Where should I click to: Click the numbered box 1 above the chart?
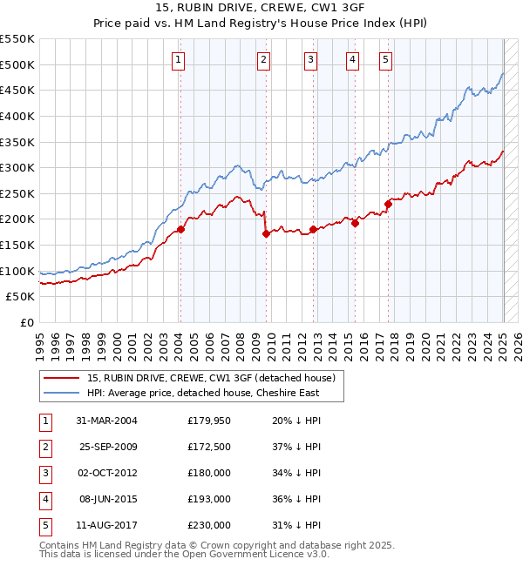point(178,60)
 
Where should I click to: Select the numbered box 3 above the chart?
point(311,60)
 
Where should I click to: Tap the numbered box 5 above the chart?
point(385,60)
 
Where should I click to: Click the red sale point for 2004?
point(181,229)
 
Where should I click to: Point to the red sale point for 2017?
point(389,204)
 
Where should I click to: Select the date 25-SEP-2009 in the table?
point(106,447)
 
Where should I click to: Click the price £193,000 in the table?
point(209,499)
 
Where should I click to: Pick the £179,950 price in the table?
point(209,421)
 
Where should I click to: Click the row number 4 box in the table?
point(44,499)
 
